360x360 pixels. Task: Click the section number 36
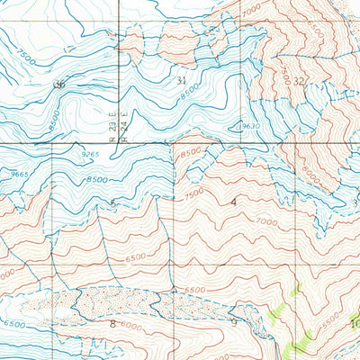coord(60,84)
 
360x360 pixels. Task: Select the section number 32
coord(298,81)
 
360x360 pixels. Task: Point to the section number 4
coord(235,202)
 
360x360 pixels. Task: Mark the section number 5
coord(112,203)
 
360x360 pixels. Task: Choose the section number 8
coord(112,322)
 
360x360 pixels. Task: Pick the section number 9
coord(233,321)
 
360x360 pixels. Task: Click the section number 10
coord(354,323)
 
